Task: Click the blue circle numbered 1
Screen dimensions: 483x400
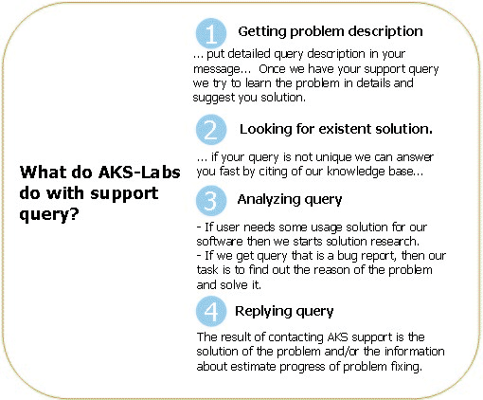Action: pyautogui.click(x=211, y=33)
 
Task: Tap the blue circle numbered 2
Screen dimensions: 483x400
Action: pyautogui.click(x=211, y=130)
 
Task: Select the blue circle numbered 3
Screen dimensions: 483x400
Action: pyautogui.click(x=211, y=201)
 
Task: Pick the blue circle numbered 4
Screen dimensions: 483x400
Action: pyautogui.click(x=211, y=311)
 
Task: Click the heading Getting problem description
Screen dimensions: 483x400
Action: pyautogui.click(x=331, y=32)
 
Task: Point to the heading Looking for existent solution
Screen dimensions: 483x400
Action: pyautogui.click(x=336, y=129)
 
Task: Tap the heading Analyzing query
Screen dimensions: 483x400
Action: pyautogui.click(x=290, y=200)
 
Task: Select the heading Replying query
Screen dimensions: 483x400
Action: pyautogui.click(x=284, y=312)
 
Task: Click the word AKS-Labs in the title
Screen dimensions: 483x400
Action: pyautogui.click(x=139, y=173)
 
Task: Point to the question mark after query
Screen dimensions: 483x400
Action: pyautogui.click(x=73, y=213)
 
